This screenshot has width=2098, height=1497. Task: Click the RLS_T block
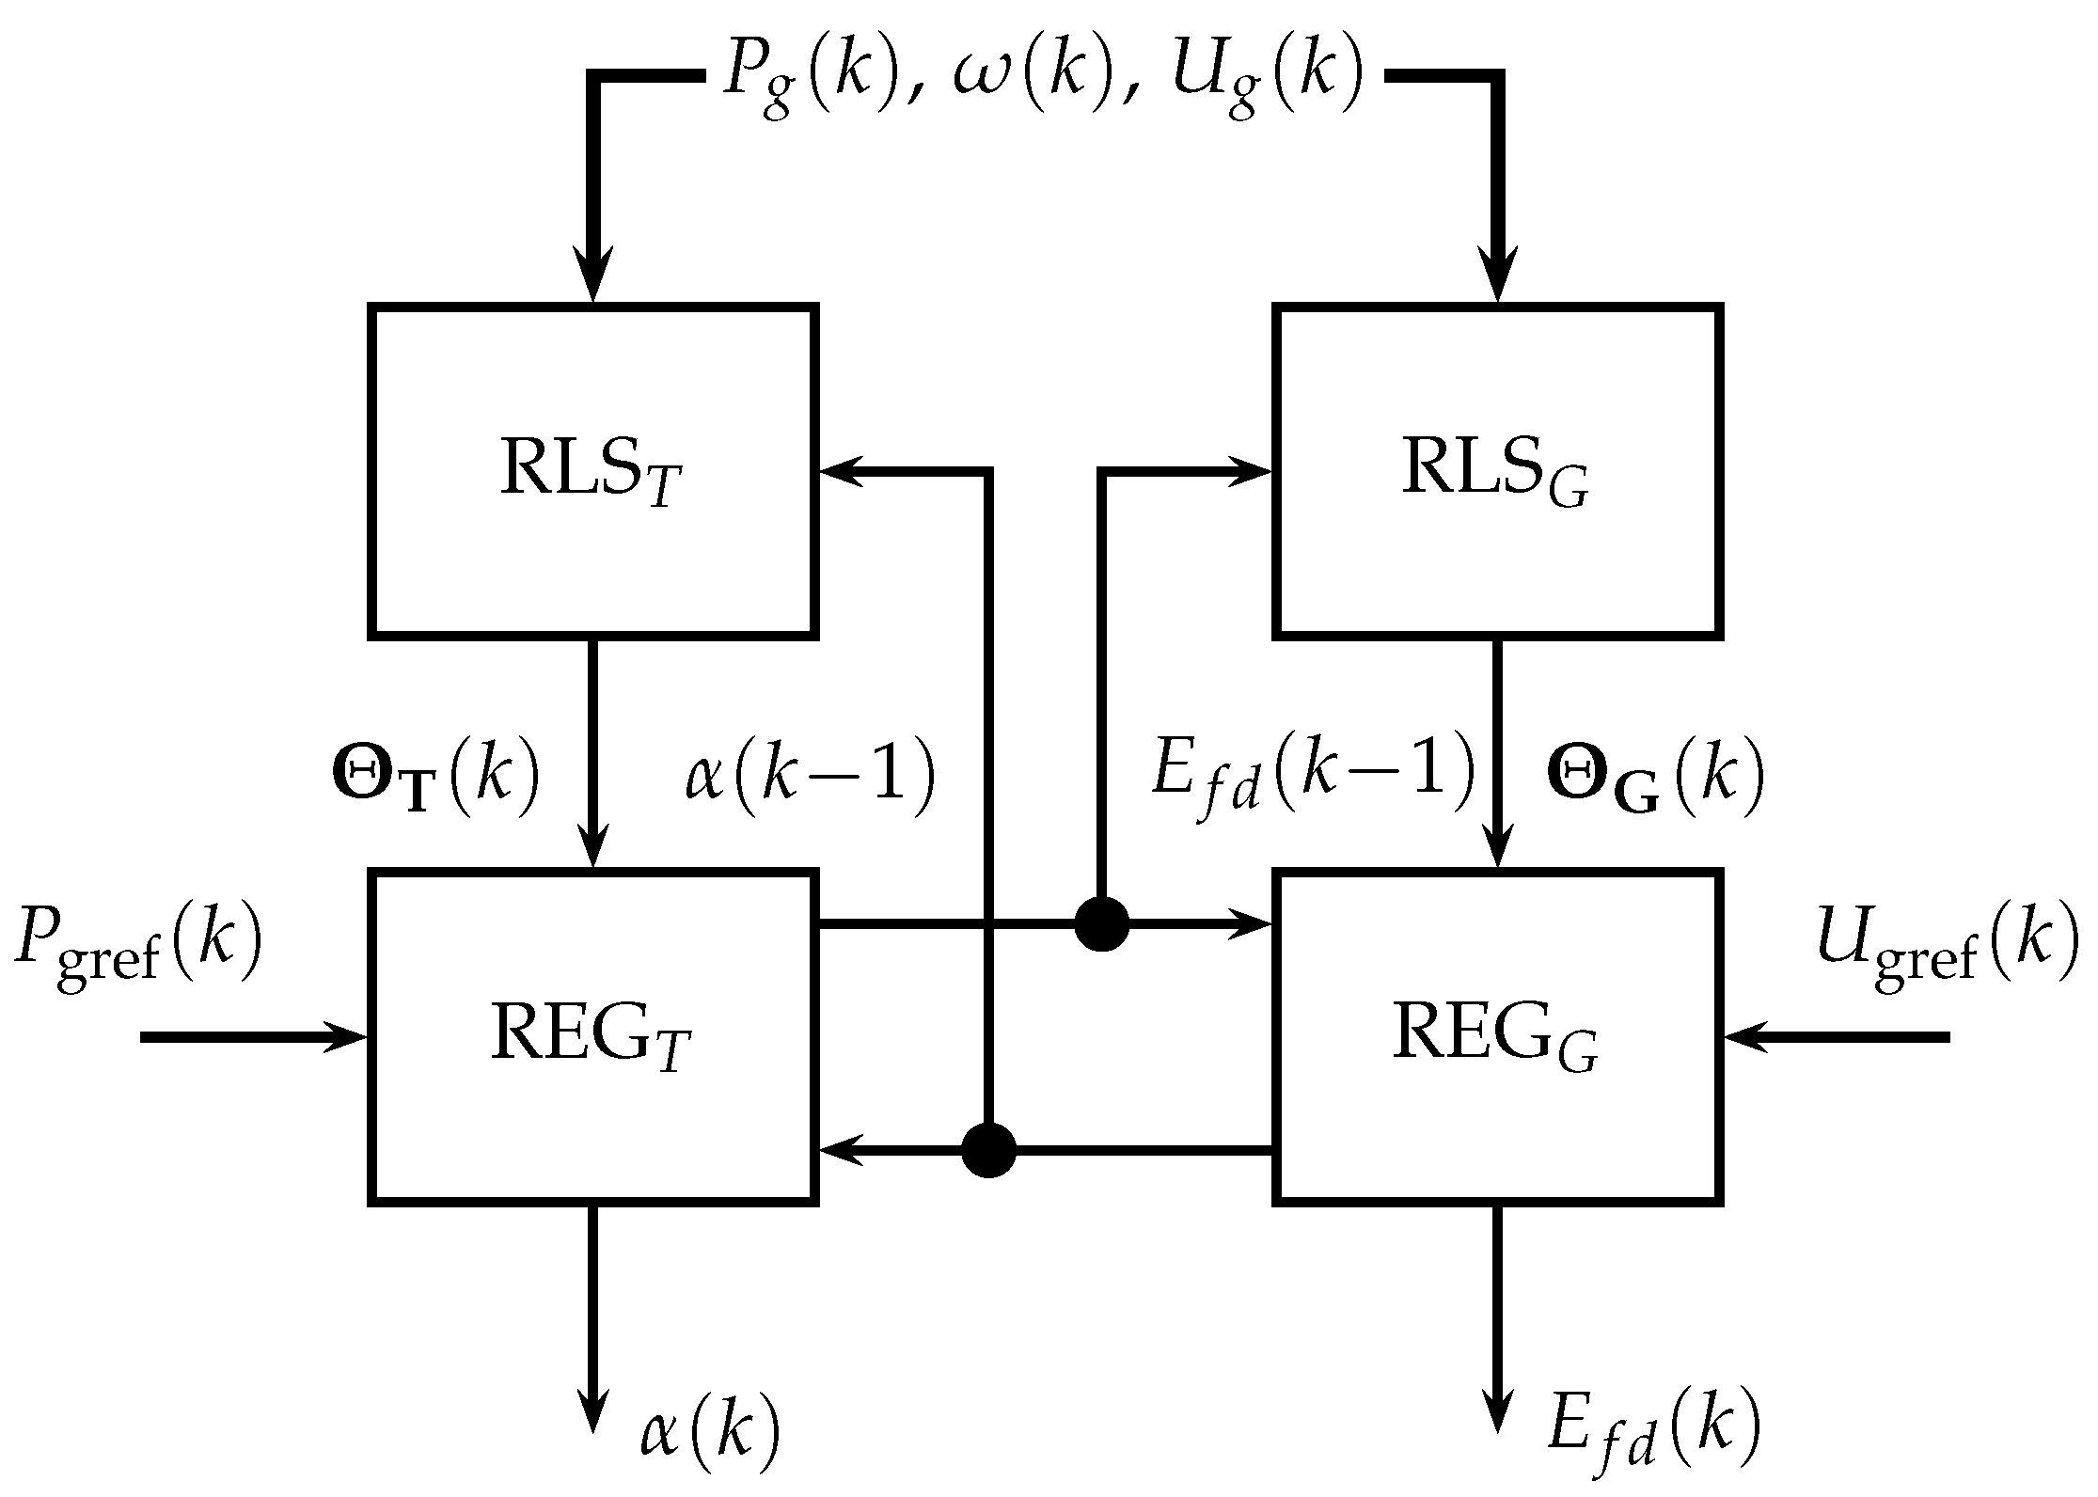[x=592, y=472]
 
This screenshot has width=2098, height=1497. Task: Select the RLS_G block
[x=1497, y=472]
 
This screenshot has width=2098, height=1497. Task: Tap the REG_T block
[x=592, y=1037]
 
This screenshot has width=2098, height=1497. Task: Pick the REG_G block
[x=1497, y=1037]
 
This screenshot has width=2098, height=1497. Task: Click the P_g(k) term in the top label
[x=810, y=77]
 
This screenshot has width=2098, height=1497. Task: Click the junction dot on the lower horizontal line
[x=988, y=1150]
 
